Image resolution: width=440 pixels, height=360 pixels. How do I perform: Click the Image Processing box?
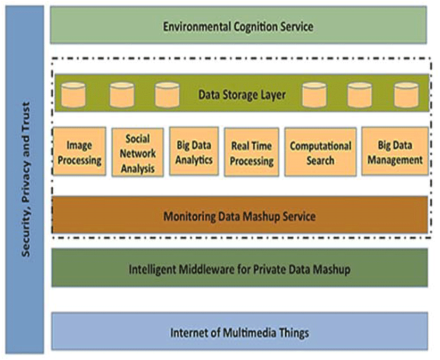[x=79, y=152]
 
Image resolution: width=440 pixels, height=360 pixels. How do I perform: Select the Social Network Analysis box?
[x=137, y=153]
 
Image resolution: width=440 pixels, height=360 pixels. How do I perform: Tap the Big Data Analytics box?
[x=194, y=152]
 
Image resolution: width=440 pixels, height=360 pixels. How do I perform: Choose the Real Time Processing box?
[x=252, y=152]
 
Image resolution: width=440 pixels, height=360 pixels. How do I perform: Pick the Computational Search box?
[x=320, y=152]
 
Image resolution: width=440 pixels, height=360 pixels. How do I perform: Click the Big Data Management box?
[x=395, y=152]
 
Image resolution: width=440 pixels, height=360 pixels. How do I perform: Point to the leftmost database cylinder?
[x=73, y=95]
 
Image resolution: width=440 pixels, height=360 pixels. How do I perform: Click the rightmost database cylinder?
[x=406, y=95]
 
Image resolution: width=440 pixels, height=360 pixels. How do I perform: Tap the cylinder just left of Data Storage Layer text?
[x=167, y=95]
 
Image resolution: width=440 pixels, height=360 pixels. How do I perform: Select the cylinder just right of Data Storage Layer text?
[x=314, y=95]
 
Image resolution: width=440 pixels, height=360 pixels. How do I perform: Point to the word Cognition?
[x=255, y=27]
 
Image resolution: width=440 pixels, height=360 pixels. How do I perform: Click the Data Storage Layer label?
[x=242, y=95]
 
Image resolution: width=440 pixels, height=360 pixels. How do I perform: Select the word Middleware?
[x=207, y=270]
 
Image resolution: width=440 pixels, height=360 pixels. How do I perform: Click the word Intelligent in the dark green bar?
[x=153, y=270]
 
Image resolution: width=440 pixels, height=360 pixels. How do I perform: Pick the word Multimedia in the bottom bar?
[x=246, y=333]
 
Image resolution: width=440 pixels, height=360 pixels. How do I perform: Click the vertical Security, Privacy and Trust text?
[x=26, y=179]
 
